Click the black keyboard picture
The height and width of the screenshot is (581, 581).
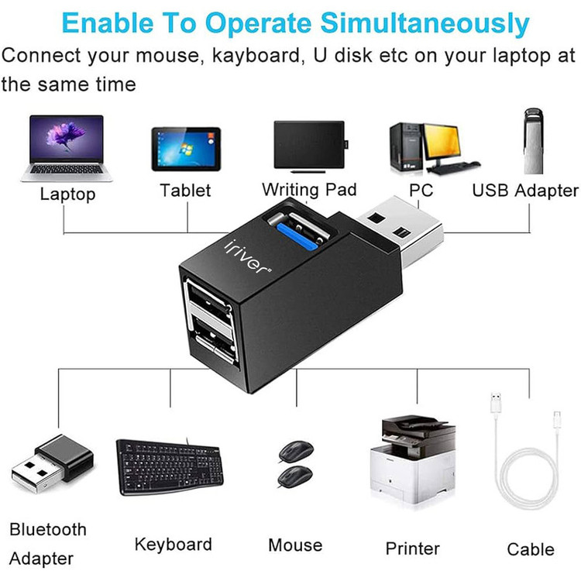click(175, 466)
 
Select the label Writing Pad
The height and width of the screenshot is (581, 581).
click(308, 190)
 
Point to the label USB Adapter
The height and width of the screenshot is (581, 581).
click(524, 190)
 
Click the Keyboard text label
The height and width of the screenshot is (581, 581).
click(173, 545)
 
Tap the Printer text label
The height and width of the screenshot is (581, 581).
click(412, 548)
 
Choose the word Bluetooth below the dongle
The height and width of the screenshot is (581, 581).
click(48, 530)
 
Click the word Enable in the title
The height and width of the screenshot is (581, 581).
click(103, 24)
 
